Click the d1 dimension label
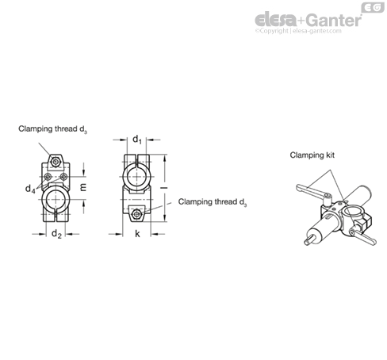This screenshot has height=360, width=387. click(137, 140)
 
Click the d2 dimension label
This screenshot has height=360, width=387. click(56, 234)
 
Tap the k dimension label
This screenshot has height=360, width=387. click(137, 234)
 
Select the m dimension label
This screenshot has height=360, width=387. click(83, 187)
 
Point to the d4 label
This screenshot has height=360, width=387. click(30, 189)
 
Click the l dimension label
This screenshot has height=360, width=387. click(164, 188)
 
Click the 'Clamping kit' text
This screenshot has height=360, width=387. click(312, 155)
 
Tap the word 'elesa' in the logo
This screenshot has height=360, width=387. click(276, 20)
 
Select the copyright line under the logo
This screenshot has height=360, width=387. click(298, 31)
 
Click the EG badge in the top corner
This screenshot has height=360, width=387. click(373, 7)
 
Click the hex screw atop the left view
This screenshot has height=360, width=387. click(56, 162)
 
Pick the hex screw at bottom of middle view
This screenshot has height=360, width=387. click(136, 214)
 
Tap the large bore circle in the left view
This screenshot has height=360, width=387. click(56, 199)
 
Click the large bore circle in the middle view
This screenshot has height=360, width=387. click(136, 177)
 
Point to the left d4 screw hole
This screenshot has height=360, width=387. click(48, 177)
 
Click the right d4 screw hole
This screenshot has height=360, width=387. click(63, 177)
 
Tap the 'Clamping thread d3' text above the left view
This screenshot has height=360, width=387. click(52, 129)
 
